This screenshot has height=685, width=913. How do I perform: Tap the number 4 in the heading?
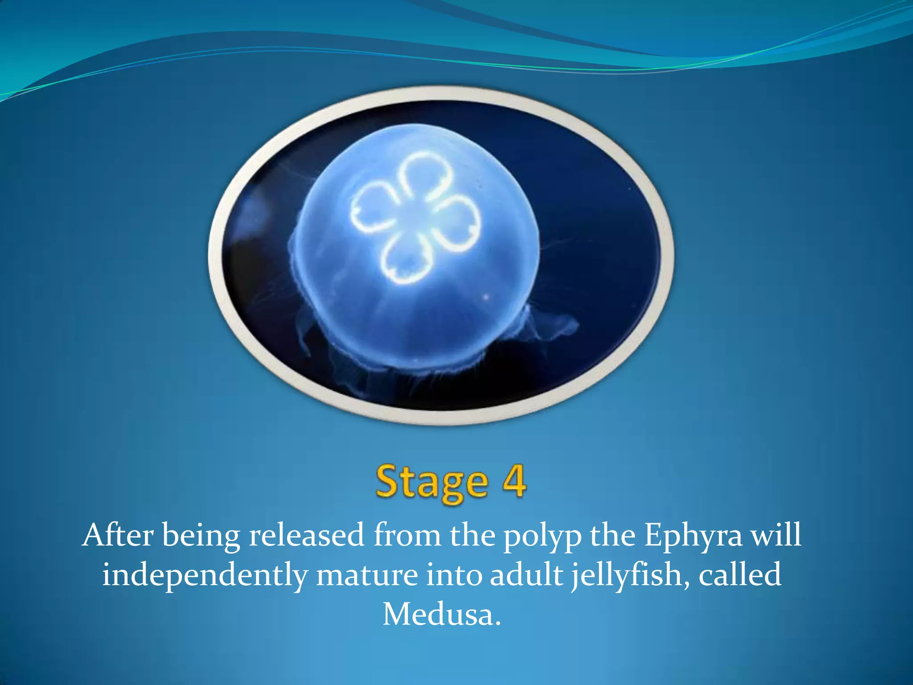coord(514,480)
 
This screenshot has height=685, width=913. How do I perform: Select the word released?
coord(307,535)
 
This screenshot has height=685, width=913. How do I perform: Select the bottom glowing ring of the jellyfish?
coord(406,261)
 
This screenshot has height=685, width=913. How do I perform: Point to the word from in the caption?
coord(407,535)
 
